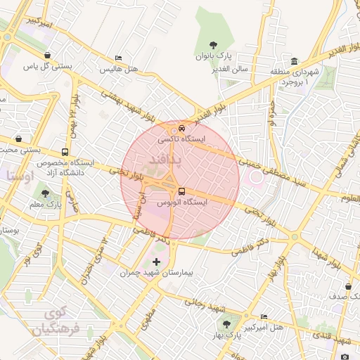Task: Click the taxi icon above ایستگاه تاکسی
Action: pos(182,129)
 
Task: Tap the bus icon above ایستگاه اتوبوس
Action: pos(182,191)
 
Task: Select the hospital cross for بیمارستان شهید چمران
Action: pos(156,262)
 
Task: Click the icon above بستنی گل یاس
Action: pos(47,56)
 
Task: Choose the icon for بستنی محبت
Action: pos(17,139)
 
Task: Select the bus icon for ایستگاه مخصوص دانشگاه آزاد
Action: pos(65,152)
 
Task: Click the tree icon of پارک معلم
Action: pos(46,193)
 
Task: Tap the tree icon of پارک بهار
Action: pos(226,324)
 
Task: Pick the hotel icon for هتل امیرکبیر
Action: pos(264,317)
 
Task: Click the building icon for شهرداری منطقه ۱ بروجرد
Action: pos(293,61)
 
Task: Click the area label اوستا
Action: pos(20,174)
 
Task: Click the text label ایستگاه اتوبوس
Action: pos(182,202)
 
